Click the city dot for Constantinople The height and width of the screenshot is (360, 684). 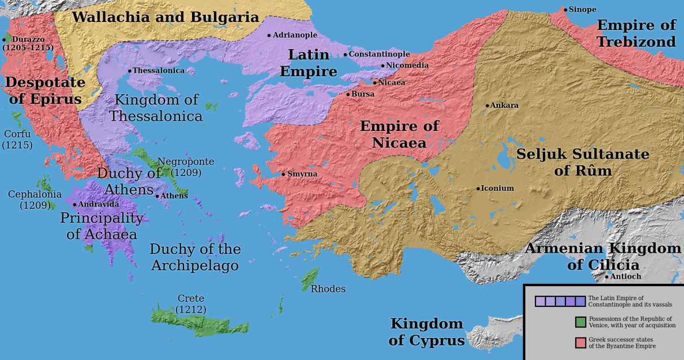(345, 55)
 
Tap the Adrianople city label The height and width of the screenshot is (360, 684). (295, 35)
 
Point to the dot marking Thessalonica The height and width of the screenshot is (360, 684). (129, 71)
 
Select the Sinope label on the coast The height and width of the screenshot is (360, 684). (582, 10)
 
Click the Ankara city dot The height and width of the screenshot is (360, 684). (488, 106)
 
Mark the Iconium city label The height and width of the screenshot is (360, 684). (497, 188)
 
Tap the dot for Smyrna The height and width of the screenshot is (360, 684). (283, 174)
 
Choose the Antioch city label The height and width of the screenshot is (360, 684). (625, 276)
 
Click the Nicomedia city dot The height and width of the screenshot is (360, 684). (383, 66)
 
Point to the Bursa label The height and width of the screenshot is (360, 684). (363, 94)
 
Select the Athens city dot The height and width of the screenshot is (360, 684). (157, 196)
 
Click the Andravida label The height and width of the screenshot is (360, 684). (99, 204)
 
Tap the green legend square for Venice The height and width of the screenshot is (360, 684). (580, 322)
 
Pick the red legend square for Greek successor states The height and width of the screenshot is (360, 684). (580, 343)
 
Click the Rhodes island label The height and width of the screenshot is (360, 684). (328, 289)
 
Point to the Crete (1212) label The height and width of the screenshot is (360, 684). (191, 304)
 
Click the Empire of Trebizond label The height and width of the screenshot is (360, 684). (636, 33)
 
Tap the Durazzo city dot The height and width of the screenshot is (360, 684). (4, 40)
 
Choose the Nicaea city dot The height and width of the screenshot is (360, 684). (374, 83)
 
